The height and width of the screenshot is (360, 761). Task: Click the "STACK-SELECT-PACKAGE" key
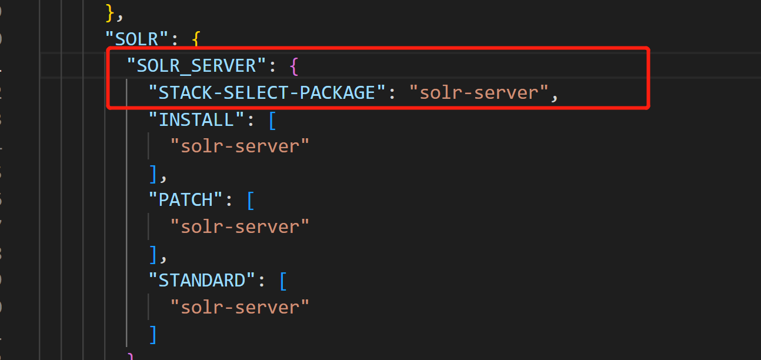pyautogui.click(x=267, y=92)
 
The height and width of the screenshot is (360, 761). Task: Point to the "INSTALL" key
pyautogui.click(x=196, y=119)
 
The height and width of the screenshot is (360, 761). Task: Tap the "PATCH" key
pyautogui.click(x=186, y=199)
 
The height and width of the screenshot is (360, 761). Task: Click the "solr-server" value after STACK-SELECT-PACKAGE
pyautogui.click(x=479, y=92)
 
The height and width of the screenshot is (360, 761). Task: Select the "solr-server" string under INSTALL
pyautogui.click(x=239, y=146)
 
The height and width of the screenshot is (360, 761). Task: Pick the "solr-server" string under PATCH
pyautogui.click(x=239, y=226)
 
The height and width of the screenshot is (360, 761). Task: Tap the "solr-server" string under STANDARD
pyautogui.click(x=239, y=307)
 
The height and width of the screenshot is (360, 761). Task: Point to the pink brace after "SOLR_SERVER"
pyautogui.click(x=295, y=66)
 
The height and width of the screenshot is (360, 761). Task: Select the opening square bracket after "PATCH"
pyautogui.click(x=251, y=201)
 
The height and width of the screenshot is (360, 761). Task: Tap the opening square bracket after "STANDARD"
pyautogui.click(x=283, y=281)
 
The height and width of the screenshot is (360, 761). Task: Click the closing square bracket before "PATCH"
pyautogui.click(x=153, y=174)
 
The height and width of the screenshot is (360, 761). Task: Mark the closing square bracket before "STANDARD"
pyautogui.click(x=153, y=254)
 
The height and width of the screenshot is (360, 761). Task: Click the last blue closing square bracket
pyautogui.click(x=153, y=334)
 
